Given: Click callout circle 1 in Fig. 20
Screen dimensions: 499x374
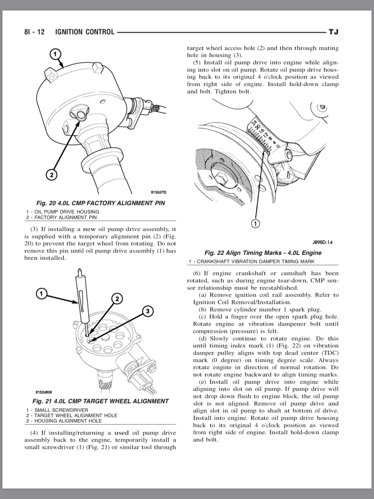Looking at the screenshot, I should (55, 54).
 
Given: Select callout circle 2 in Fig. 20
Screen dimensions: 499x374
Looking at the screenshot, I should (51, 175).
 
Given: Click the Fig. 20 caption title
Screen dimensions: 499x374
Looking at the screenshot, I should (100, 203).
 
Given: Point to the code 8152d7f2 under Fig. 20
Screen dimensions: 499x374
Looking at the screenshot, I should (158, 192).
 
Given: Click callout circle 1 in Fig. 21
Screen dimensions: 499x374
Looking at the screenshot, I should (41, 294).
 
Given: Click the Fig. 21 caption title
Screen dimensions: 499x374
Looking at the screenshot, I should (100, 401).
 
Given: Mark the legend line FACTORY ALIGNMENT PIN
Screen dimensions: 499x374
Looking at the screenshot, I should (61, 217).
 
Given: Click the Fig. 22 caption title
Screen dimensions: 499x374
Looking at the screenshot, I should (263, 253).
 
